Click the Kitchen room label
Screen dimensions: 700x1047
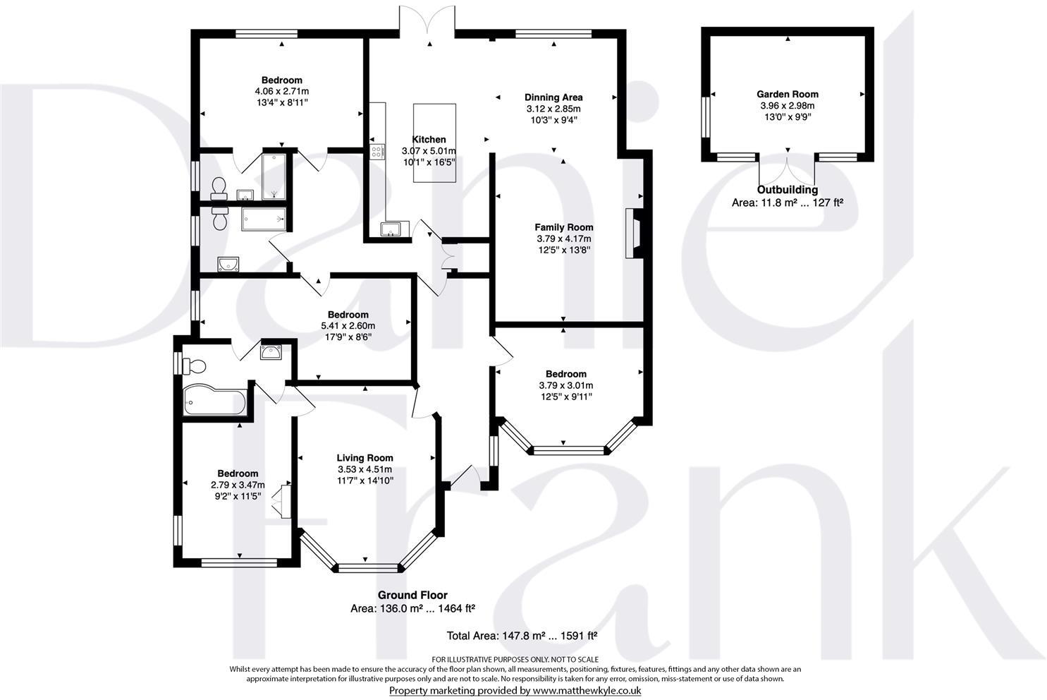pos(429,140)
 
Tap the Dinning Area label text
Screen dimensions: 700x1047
pos(553,97)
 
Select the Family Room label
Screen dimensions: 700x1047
pos(563,227)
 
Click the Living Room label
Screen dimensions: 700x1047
pos(365,458)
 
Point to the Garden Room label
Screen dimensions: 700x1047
pos(788,94)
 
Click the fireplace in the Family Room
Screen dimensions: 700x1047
pos(634,232)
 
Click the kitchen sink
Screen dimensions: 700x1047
pos(390,229)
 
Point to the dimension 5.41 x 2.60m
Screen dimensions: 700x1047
pos(348,326)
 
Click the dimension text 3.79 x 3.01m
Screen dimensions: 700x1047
pos(565,385)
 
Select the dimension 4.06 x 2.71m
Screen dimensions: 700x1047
pos(282,91)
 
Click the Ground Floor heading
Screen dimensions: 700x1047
pos(412,596)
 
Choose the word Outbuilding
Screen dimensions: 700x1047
pos(788,190)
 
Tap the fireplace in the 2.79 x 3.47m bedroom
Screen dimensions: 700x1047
pos(286,500)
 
